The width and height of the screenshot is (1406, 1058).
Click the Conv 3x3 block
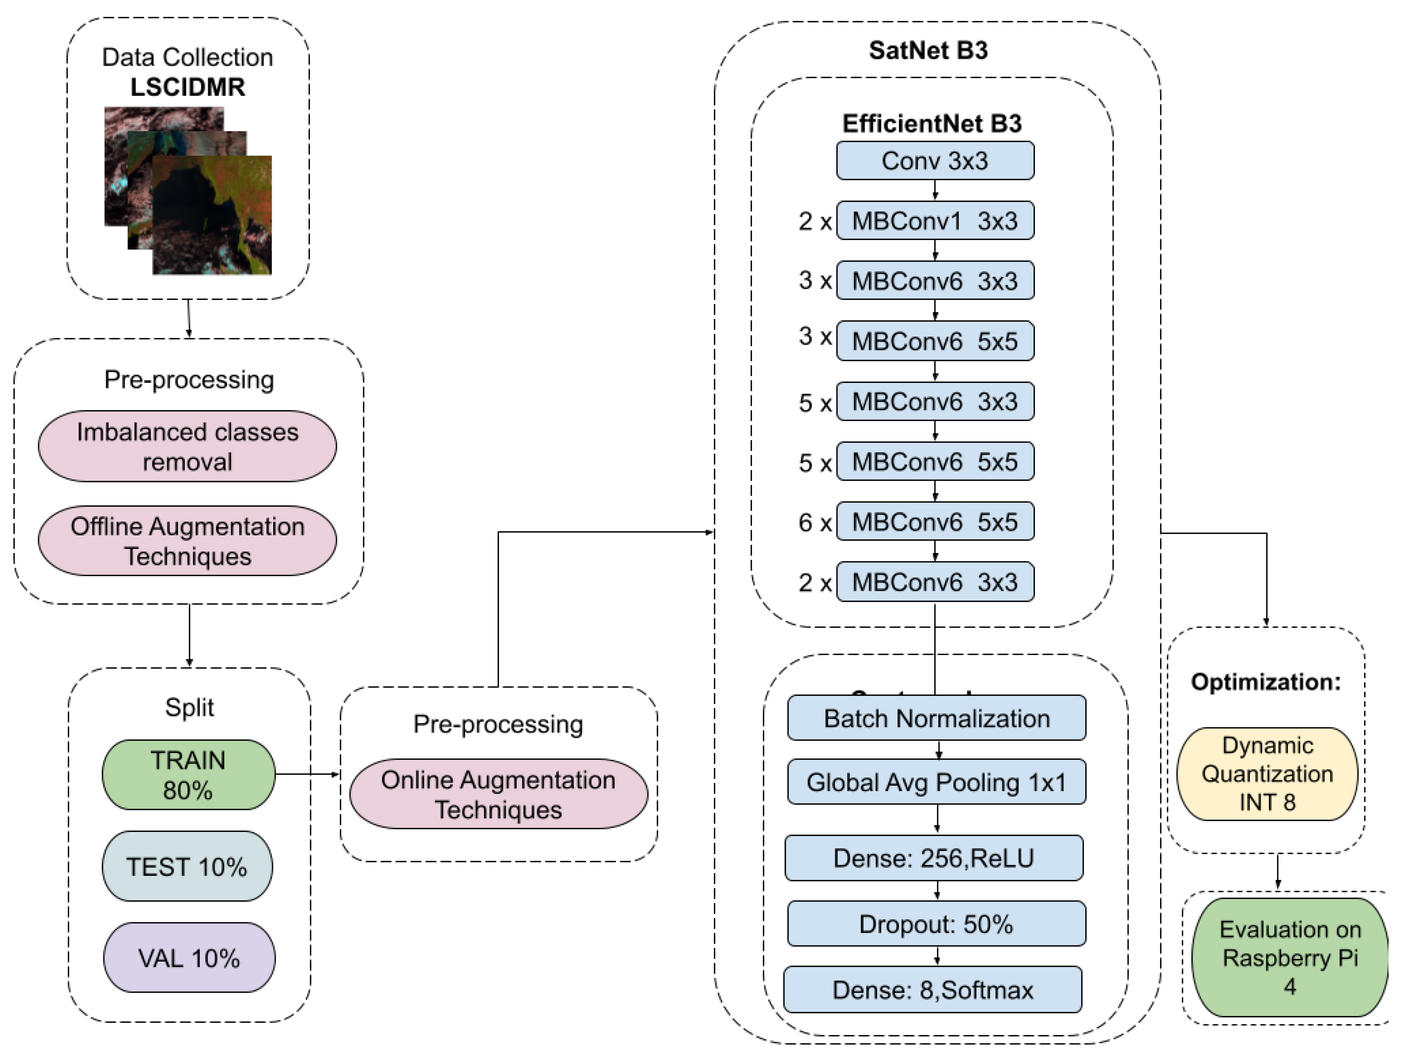pyautogui.click(x=934, y=161)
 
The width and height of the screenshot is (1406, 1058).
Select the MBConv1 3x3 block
pyautogui.click(x=934, y=221)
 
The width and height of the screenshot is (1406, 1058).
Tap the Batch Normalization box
pyautogui.click(x=936, y=718)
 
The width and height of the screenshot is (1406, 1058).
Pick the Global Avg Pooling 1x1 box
pyautogui.click(x=936, y=782)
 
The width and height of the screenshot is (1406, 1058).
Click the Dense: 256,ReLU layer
pyautogui.click(x=934, y=858)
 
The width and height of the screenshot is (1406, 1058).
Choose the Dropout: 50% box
pyautogui.click(x=936, y=924)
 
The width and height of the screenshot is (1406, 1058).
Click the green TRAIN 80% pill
pyautogui.click(x=188, y=775)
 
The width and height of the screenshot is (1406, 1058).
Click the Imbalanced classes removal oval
pyautogui.click(x=187, y=446)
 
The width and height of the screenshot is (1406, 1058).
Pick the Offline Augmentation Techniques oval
pyautogui.click(x=187, y=541)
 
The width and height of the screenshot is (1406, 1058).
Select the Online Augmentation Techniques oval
pyautogui.click(x=498, y=794)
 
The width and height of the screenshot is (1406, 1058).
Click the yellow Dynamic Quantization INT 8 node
pyautogui.click(x=1267, y=774)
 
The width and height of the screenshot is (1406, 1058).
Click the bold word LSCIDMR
pyautogui.click(x=187, y=87)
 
